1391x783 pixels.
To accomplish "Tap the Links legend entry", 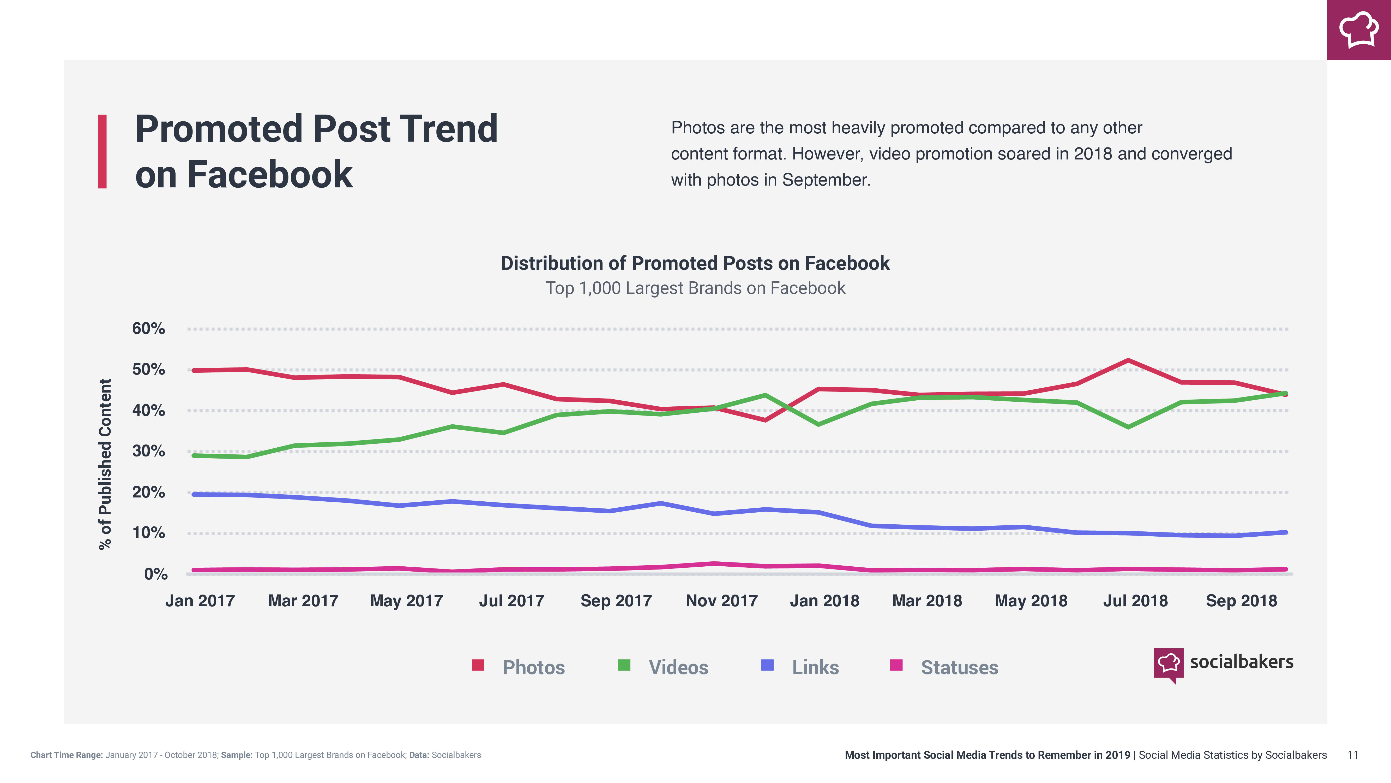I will (815, 667).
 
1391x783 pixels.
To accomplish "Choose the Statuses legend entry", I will (959, 667).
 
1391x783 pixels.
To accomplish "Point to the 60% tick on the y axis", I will (148, 329).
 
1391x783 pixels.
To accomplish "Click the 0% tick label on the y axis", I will (155, 574).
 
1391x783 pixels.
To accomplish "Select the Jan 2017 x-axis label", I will (200, 601).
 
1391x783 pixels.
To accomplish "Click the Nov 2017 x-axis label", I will (721, 601).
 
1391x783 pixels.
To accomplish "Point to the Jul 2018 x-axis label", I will (1135, 601).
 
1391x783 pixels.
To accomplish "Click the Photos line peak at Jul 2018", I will (1128, 360).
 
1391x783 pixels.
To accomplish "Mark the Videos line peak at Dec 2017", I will (765, 396).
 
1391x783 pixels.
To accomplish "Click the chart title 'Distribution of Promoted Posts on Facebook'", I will (695, 263).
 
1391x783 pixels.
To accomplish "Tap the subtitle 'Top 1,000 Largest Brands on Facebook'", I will (695, 288).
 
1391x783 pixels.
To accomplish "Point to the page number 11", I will (1353, 755).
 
